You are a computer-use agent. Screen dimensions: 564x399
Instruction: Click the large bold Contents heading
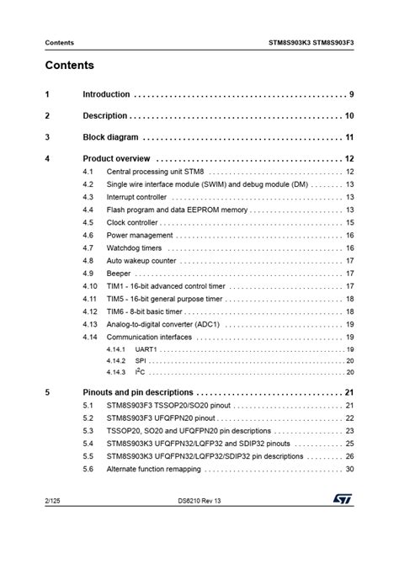click(70, 66)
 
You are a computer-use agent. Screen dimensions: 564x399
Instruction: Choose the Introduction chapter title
click(106, 94)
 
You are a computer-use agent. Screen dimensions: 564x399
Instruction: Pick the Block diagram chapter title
click(110, 137)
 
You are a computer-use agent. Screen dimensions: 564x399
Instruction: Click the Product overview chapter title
click(116, 158)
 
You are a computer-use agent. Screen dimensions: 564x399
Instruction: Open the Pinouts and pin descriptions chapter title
click(138, 392)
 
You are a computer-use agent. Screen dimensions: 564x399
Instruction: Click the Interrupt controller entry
click(136, 197)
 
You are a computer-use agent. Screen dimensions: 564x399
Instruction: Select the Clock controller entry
click(131, 223)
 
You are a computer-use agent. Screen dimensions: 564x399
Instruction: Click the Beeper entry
click(119, 274)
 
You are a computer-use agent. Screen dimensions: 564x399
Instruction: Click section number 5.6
click(88, 469)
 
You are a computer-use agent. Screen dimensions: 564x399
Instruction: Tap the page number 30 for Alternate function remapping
click(348, 469)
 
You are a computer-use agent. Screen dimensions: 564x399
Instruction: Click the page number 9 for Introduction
click(351, 94)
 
